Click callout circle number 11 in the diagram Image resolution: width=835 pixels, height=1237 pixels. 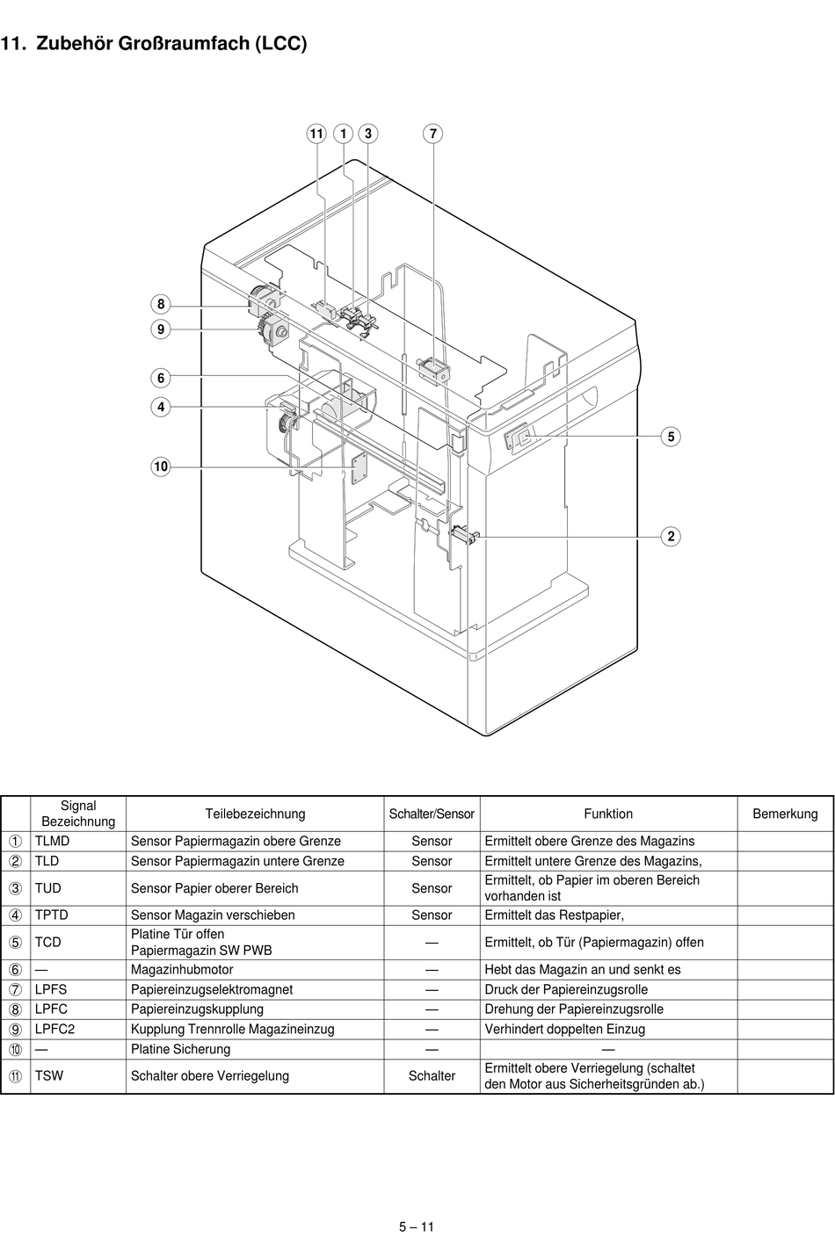click(316, 134)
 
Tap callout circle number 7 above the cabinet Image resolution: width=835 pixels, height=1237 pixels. click(433, 134)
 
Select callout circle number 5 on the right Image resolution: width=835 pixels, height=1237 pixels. click(671, 437)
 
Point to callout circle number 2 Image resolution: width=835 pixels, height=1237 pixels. click(671, 536)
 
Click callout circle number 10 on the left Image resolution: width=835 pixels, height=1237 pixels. click(161, 467)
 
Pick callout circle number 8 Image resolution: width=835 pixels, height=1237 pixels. click(161, 305)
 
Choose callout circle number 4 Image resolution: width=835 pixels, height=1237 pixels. click(161, 407)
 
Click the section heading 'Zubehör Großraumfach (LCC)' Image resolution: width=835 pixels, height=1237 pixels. click(171, 43)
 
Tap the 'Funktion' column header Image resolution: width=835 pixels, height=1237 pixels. click(607, 814)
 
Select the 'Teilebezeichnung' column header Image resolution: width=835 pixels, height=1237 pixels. click(255, 814)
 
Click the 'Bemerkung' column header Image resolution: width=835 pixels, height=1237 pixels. click(785, 814)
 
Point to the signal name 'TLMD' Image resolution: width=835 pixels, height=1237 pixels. click(52, 841)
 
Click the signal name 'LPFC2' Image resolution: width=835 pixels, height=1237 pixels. click(54, 1029)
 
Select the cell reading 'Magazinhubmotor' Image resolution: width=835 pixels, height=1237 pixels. click(182, 969)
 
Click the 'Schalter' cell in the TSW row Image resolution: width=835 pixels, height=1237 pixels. click(432, 1075)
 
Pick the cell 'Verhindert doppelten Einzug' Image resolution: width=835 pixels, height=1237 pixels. click(564, 1029)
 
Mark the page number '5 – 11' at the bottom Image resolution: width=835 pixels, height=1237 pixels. click(417, 1227)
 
